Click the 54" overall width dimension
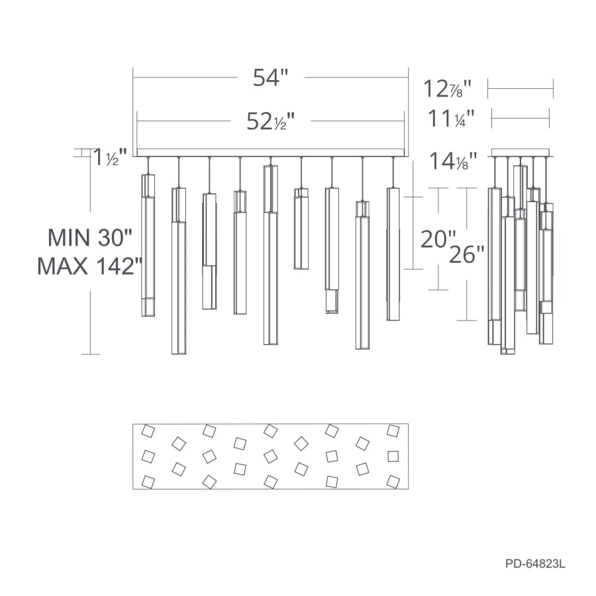point(271,77)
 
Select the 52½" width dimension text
point(270,121)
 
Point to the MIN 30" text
point(90,236)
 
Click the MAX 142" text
point(90,266)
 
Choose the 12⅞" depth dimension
point(448,88)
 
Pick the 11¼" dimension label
point(451,119)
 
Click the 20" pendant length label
point(438,238)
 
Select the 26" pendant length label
point(467,254)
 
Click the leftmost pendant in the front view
point(148,245)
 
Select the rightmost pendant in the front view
point(393,254)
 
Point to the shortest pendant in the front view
point(301,228)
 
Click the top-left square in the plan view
point(148,432)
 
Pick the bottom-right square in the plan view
point(393,481)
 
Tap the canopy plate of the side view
point(521,152)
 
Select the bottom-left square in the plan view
point(148,481)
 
